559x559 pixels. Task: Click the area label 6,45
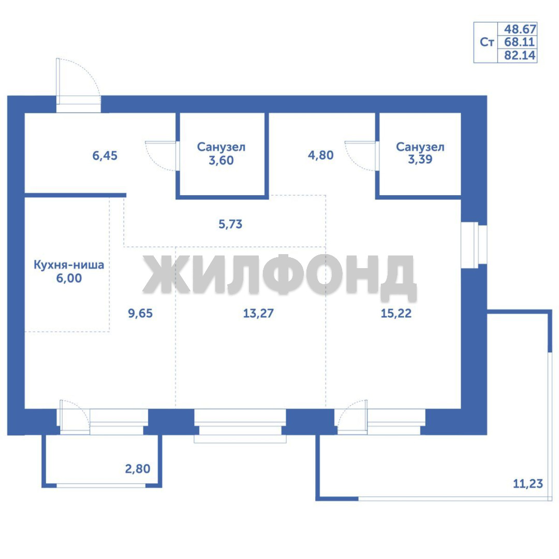(105, 156)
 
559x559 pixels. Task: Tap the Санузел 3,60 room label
(221, 154)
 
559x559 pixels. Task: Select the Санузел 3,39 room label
(420, 153)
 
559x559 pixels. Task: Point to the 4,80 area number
(320, 155)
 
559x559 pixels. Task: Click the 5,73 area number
(230, 224)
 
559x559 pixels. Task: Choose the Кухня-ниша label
(69, 265)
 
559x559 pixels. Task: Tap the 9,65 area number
(140, 313)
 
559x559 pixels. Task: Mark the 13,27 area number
(258, 313)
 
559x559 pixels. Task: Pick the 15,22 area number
(396, 313)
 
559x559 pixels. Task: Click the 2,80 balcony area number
(138, 469)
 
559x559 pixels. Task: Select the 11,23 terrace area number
(527, 484)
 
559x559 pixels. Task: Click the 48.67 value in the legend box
(520, 29)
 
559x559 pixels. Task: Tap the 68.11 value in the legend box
(520, 42)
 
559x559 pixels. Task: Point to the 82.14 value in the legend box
(520, 55)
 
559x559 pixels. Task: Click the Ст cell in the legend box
(487, 42)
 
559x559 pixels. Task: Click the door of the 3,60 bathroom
(161, 156)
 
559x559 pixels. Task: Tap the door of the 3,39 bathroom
(361, 156)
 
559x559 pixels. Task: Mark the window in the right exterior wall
(474, 245)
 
